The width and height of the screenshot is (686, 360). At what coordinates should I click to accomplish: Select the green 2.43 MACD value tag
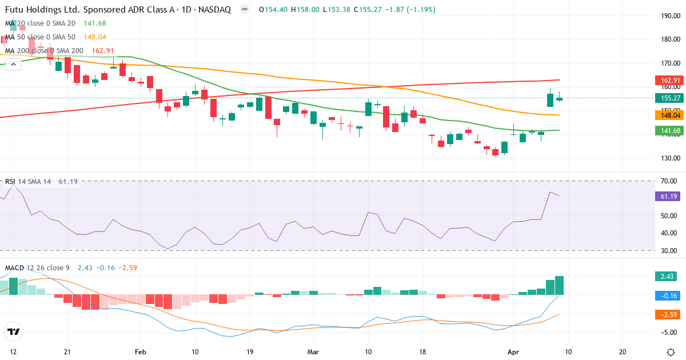coord(665,277)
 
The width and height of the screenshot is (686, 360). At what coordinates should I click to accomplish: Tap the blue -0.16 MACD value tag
coord(665,295)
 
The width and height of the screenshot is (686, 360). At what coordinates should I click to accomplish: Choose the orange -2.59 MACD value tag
coord(665,314)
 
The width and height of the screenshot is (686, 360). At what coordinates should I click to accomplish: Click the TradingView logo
coord(14,331)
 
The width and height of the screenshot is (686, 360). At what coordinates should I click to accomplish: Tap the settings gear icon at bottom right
coord(672,351)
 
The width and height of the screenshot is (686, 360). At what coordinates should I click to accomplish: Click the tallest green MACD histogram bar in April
coord(560,285)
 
